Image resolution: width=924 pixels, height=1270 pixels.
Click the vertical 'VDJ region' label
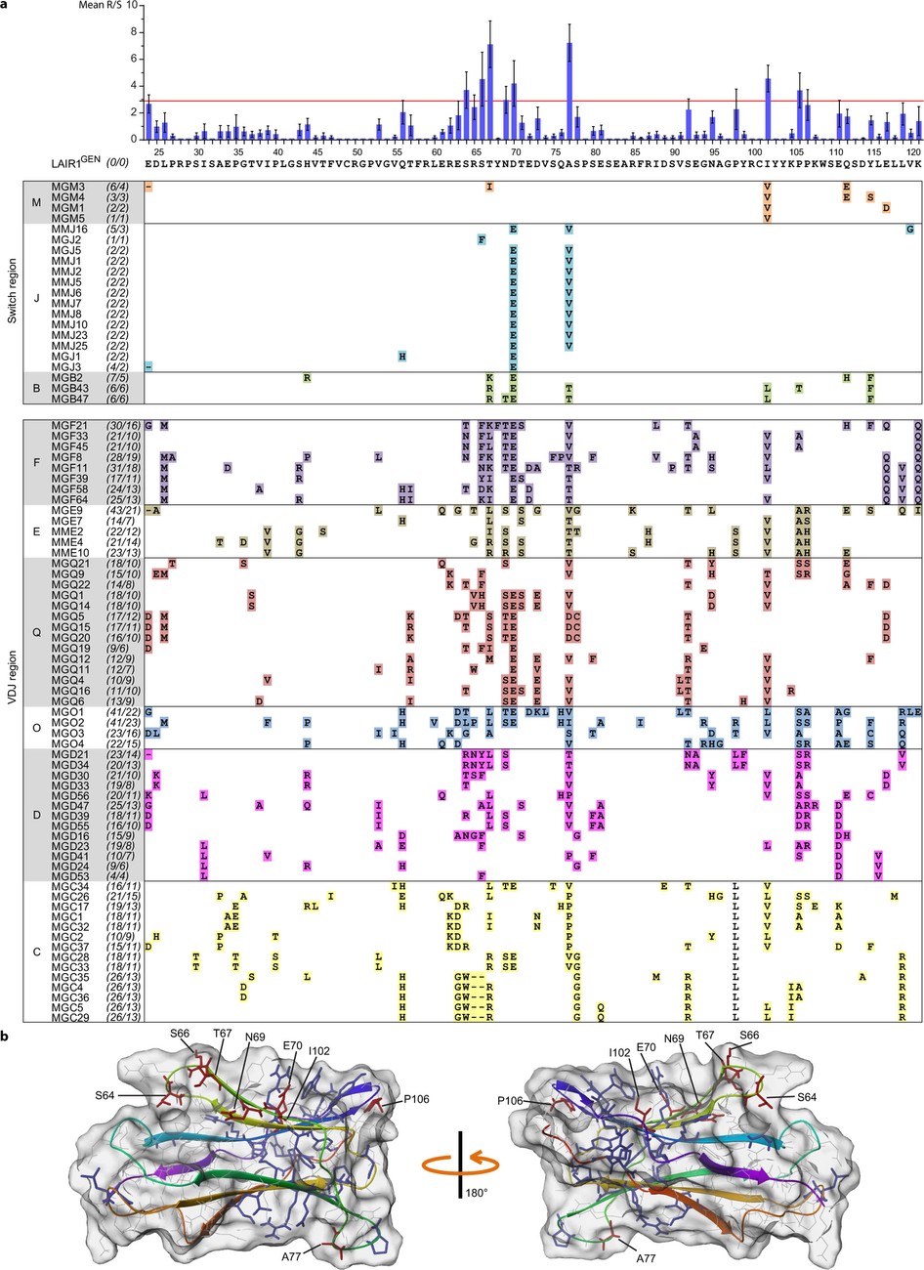tap(12, 719)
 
